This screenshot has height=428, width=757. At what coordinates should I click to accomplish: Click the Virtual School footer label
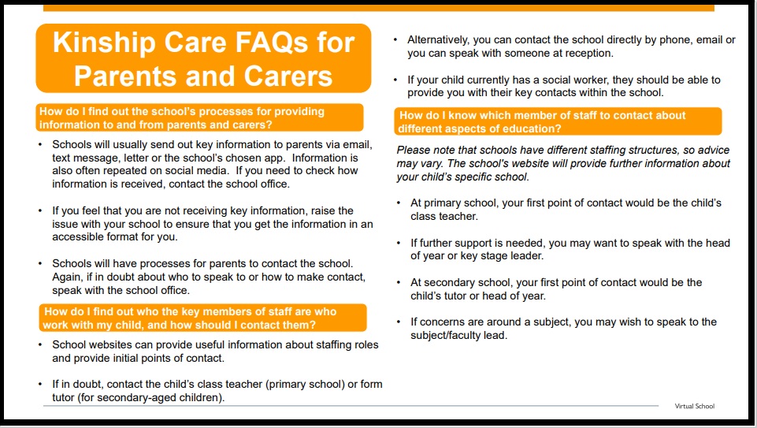[x=694, y=406]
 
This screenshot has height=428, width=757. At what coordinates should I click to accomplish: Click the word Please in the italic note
[x=414, y=150]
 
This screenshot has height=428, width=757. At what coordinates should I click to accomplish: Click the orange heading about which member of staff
[x=558, y=121]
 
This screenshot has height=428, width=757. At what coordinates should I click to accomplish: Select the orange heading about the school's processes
[x=199, y=117]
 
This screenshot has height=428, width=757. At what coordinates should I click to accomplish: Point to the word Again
[x=69, y=277]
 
